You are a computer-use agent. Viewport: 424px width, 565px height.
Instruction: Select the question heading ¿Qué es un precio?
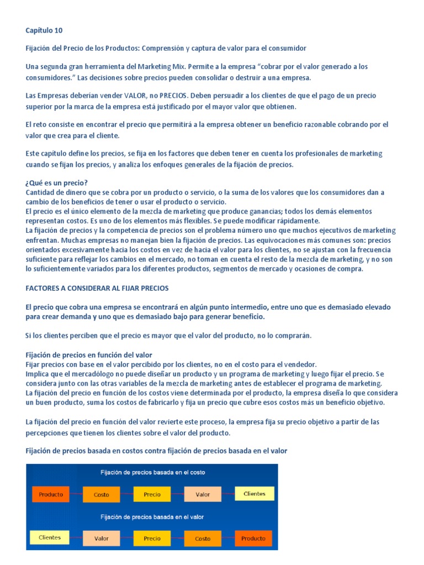(57, 183)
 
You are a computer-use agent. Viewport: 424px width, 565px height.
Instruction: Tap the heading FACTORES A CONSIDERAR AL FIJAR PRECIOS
(97, 288)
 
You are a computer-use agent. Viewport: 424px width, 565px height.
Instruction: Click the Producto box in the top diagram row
(51, 494)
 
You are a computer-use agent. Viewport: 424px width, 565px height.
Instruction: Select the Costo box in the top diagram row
(102, 495)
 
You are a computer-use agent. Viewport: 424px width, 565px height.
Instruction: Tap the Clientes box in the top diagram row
(254, 494)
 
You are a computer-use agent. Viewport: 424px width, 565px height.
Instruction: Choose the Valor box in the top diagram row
(203, 495)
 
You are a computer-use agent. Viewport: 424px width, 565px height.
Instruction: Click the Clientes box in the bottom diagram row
(50, 537)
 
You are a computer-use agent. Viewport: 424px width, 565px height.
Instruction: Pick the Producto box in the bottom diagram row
(253, 539)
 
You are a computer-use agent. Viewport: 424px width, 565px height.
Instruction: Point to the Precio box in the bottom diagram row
(152, 539)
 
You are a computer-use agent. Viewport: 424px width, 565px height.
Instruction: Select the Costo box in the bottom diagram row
(203, 539)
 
